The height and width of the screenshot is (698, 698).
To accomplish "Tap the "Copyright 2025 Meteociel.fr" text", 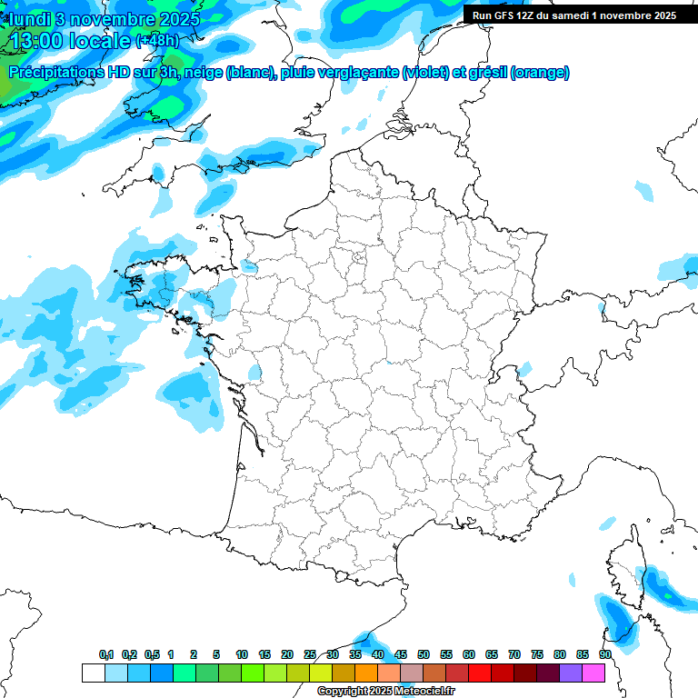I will click(x=385, y=692).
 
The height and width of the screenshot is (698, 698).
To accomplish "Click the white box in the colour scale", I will click(x=93, y=673).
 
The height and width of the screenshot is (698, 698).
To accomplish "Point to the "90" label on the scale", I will click(x=604, y=654).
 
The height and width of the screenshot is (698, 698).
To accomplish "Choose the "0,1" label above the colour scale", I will click(x=105, y=654).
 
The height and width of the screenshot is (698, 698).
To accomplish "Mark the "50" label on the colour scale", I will click(x=423, y=654).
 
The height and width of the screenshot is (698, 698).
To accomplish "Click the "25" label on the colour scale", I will click(x=310, y=654).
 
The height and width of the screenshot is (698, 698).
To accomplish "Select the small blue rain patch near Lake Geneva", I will click(x=523, y=370).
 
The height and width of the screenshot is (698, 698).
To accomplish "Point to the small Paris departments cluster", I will click(x=360, y=259).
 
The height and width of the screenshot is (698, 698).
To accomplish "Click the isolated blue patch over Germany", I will click(x=644, y=191).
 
